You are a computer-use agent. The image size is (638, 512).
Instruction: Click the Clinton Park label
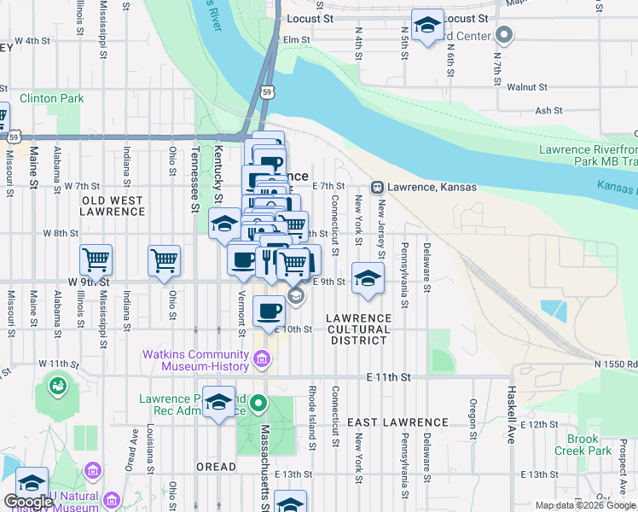click(x=51, y=98)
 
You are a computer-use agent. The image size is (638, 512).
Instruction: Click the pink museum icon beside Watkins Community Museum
click(x=262, y=362)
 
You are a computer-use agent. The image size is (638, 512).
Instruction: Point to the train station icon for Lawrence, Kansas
click(x=376, y=187)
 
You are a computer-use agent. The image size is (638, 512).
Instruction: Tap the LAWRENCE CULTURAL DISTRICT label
click(x=359, y=329)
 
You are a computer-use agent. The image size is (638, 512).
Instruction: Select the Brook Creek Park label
click(x=583, y=445)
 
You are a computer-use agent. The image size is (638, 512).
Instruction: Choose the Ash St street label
click(x=548, y=110)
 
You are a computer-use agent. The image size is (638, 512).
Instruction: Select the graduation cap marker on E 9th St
click(x=368, y=278)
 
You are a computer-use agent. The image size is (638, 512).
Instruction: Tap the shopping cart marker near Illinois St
click(x=96, y=260)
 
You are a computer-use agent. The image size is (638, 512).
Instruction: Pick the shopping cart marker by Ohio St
click(x=164, y=260)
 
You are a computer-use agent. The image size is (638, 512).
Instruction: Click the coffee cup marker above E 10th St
click(x=270, y=311)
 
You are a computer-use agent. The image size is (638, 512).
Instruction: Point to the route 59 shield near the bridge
click(x=268, y=91)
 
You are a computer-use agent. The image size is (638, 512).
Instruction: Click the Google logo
click(x=28, y=502)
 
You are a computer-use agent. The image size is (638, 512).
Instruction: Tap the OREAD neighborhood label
click(x=217, y=467)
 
